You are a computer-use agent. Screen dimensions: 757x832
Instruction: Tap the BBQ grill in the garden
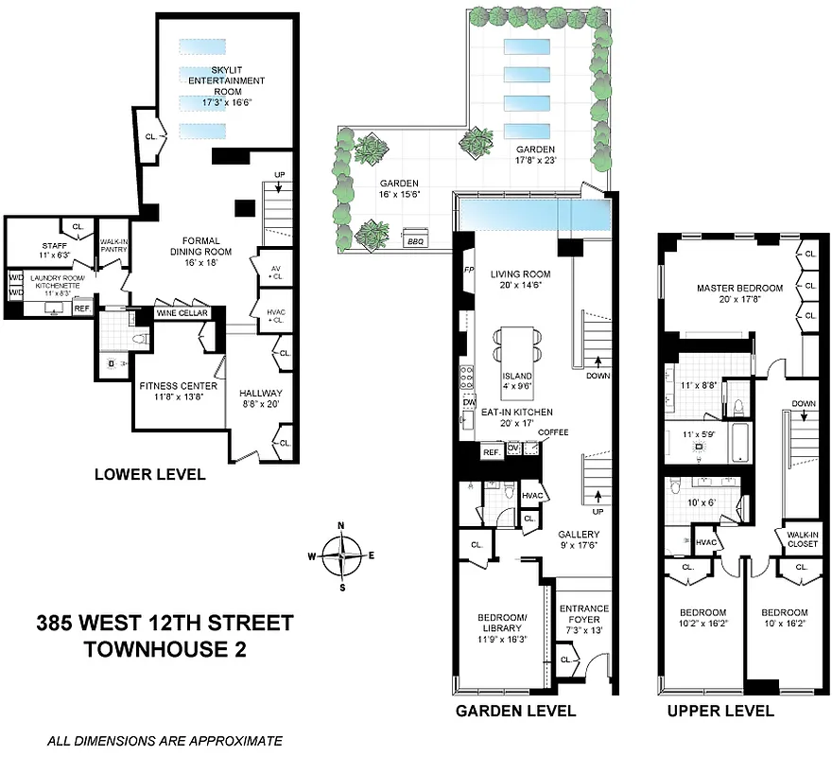click(x=414, y=241)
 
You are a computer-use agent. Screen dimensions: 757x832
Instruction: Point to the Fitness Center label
click(x=179, y=392)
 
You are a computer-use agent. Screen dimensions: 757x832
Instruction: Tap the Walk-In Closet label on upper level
click(x=802, y=538)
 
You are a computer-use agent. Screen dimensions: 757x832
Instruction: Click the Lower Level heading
click(x=149, y=474)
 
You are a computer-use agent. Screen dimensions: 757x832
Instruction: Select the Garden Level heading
click(x=515, y=711)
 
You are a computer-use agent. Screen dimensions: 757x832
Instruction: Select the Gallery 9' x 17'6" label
click(x=579, y=539)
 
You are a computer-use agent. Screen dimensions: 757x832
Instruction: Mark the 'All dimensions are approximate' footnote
click(x=165, y=741)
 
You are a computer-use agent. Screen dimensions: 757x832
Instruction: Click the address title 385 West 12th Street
click(x=165, y=624)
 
